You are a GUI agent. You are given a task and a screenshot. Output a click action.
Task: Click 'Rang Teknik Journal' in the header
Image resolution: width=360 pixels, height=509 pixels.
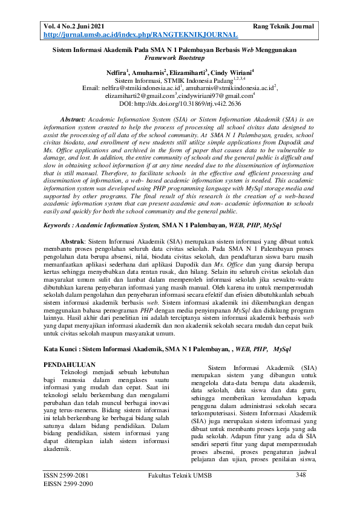(x=283, y=27)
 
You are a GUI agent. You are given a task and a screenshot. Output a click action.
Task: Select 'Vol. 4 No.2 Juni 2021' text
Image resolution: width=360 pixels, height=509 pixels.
(x=78, y=27)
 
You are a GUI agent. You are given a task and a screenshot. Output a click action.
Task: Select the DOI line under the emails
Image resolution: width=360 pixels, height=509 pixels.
(x=180, y=103)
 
